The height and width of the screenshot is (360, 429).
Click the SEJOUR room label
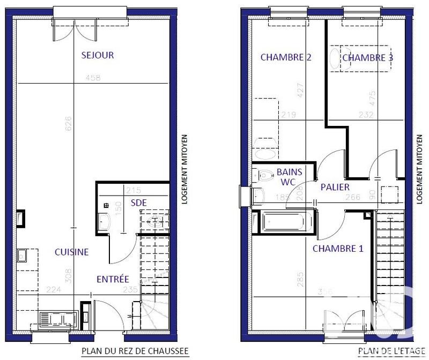(x=98, y=55)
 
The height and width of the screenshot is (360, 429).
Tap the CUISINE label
(x=71, y=252)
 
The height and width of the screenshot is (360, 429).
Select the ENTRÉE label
(x=113, y=279)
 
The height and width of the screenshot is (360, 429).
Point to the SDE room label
(x=139, y=202)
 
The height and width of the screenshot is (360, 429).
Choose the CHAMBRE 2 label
(x=286, y=58)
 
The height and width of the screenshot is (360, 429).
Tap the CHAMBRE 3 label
(x=367, y=58)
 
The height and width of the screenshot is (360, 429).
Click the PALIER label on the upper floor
(x=335, y=187)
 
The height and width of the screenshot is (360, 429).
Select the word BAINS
(x=290, y=172)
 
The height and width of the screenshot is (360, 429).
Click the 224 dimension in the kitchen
(x=53, y=290)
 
